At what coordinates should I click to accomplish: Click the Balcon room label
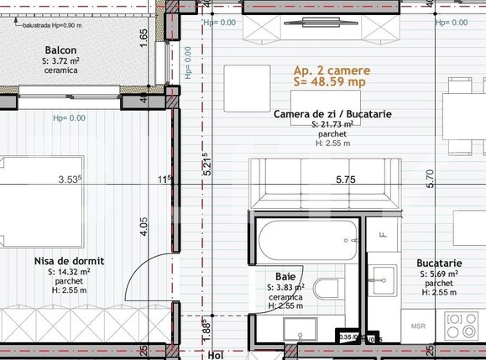point(61,50)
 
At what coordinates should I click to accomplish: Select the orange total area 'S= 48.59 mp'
point(329,83)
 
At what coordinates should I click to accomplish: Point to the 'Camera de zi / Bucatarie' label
point(332,113)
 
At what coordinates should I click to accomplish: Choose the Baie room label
point(285,275)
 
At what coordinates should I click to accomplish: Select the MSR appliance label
point(417,325)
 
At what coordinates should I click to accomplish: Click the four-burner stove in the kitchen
point(462,326)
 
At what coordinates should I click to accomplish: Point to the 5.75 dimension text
point(346,179)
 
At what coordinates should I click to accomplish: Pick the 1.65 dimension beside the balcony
point(144,35)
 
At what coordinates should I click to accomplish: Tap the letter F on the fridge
point(382,235)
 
